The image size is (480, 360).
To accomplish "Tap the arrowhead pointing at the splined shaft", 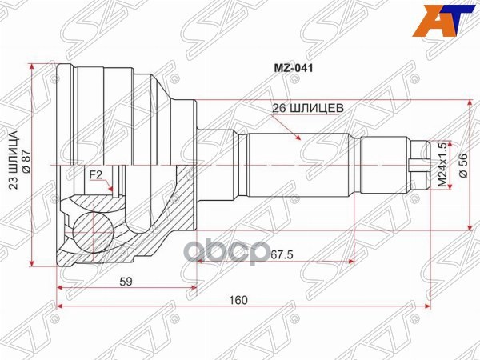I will pos(299,140).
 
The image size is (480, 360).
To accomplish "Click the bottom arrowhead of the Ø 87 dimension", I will pos(31,262).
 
